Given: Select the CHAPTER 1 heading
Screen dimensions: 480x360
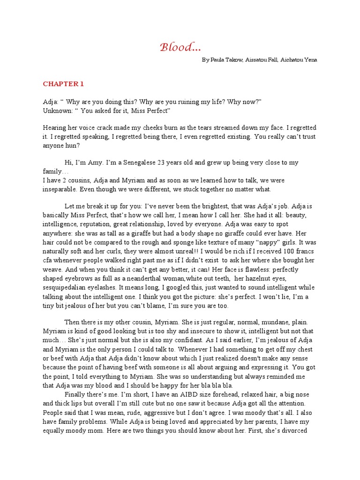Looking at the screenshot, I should tap(63, 84).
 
